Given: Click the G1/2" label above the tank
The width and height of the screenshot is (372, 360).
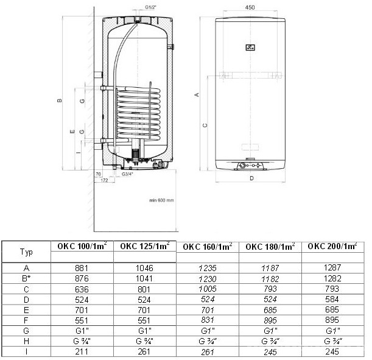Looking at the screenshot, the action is (x=150, y=7).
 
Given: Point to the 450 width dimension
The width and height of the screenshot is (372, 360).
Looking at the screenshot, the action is (x=250, y=7).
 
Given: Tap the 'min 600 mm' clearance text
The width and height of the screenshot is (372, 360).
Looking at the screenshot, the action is (x=161, y=200).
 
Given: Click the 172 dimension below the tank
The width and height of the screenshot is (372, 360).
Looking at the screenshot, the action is (x=104, y=180).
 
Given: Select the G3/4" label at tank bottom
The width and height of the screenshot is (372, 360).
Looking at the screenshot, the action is (x=127, y=174).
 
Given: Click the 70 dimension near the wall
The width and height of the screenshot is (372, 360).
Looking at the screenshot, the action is (x=98, y=174).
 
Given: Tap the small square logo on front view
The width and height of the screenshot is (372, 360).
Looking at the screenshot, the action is (x=250, y=48).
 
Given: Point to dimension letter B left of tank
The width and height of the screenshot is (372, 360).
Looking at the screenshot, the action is (x=60, y=101).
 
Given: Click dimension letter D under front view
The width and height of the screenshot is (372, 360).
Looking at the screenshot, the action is (x=251, y=178).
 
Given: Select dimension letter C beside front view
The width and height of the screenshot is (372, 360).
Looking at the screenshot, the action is (x=205, y=125).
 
